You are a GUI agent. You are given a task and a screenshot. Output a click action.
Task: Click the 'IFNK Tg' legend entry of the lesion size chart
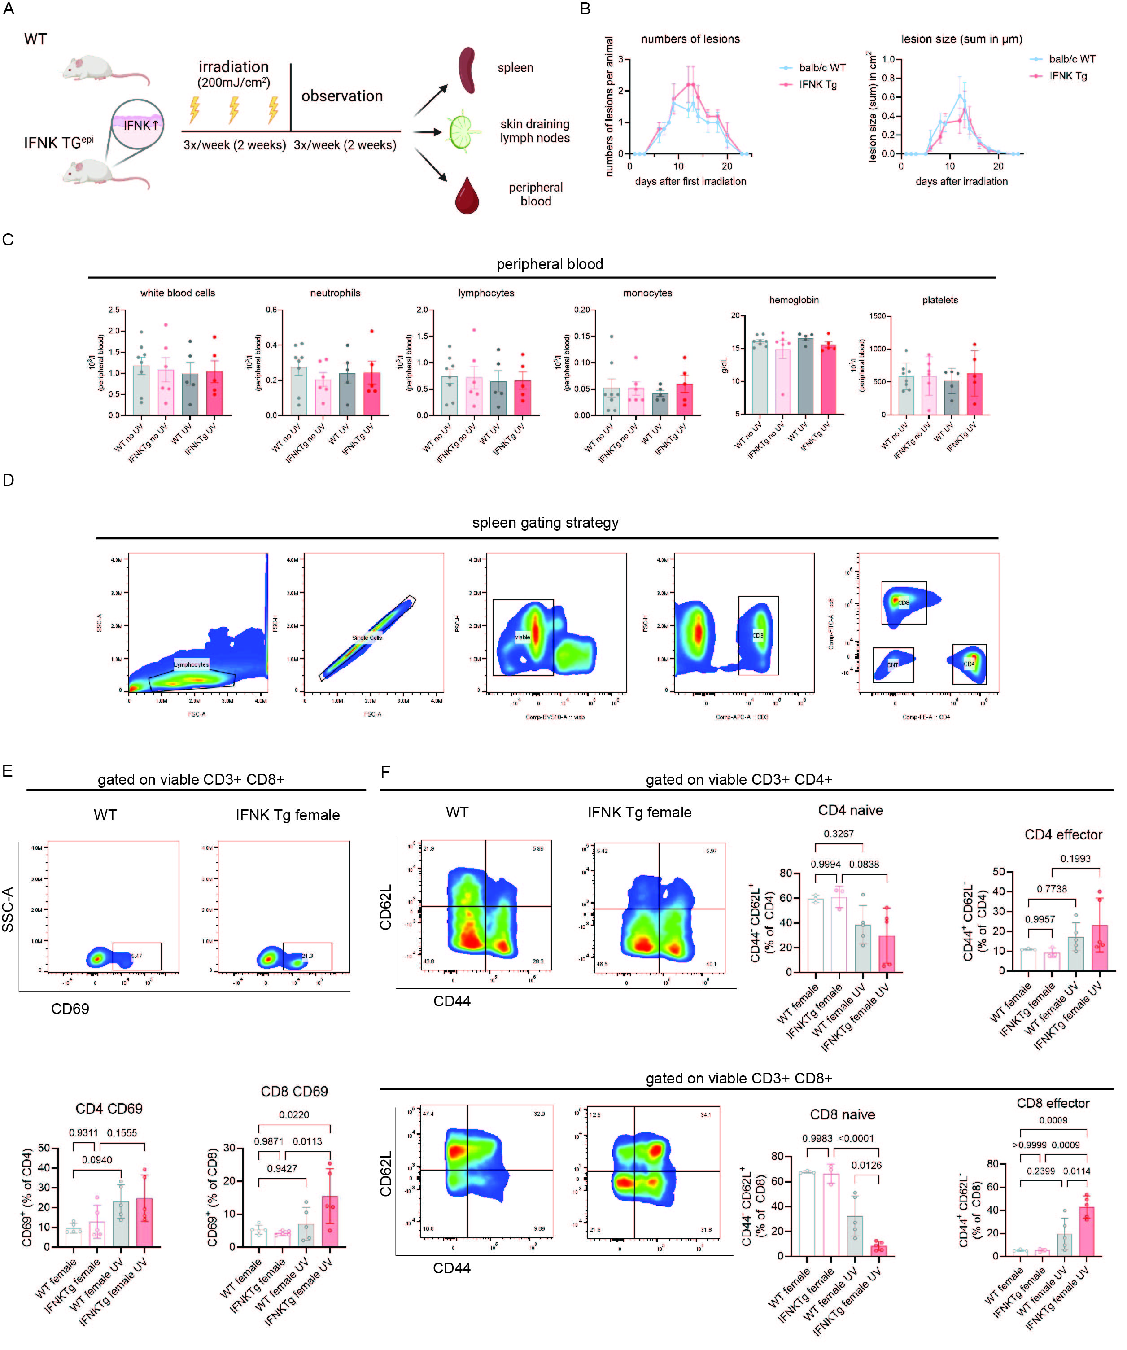coord(1068,76)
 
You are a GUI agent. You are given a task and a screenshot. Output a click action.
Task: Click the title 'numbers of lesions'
coord(690,39)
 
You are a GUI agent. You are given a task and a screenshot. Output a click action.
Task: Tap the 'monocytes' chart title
coord(647,293)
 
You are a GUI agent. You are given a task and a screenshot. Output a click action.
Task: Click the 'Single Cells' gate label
coord(367,638)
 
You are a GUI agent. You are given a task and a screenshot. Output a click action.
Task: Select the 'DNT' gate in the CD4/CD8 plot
coord(893,665)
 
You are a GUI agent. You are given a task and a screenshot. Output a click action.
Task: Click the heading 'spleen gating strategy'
coord(545,523)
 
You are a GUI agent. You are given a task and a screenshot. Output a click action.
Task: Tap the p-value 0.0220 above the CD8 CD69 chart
coord(294,1115)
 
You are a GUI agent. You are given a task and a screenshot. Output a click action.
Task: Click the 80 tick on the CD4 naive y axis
coord(786,873)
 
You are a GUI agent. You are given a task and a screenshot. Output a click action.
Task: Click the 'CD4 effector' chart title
coord(1063,834)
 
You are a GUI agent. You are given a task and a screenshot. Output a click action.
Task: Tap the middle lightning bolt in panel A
coord(234,109)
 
